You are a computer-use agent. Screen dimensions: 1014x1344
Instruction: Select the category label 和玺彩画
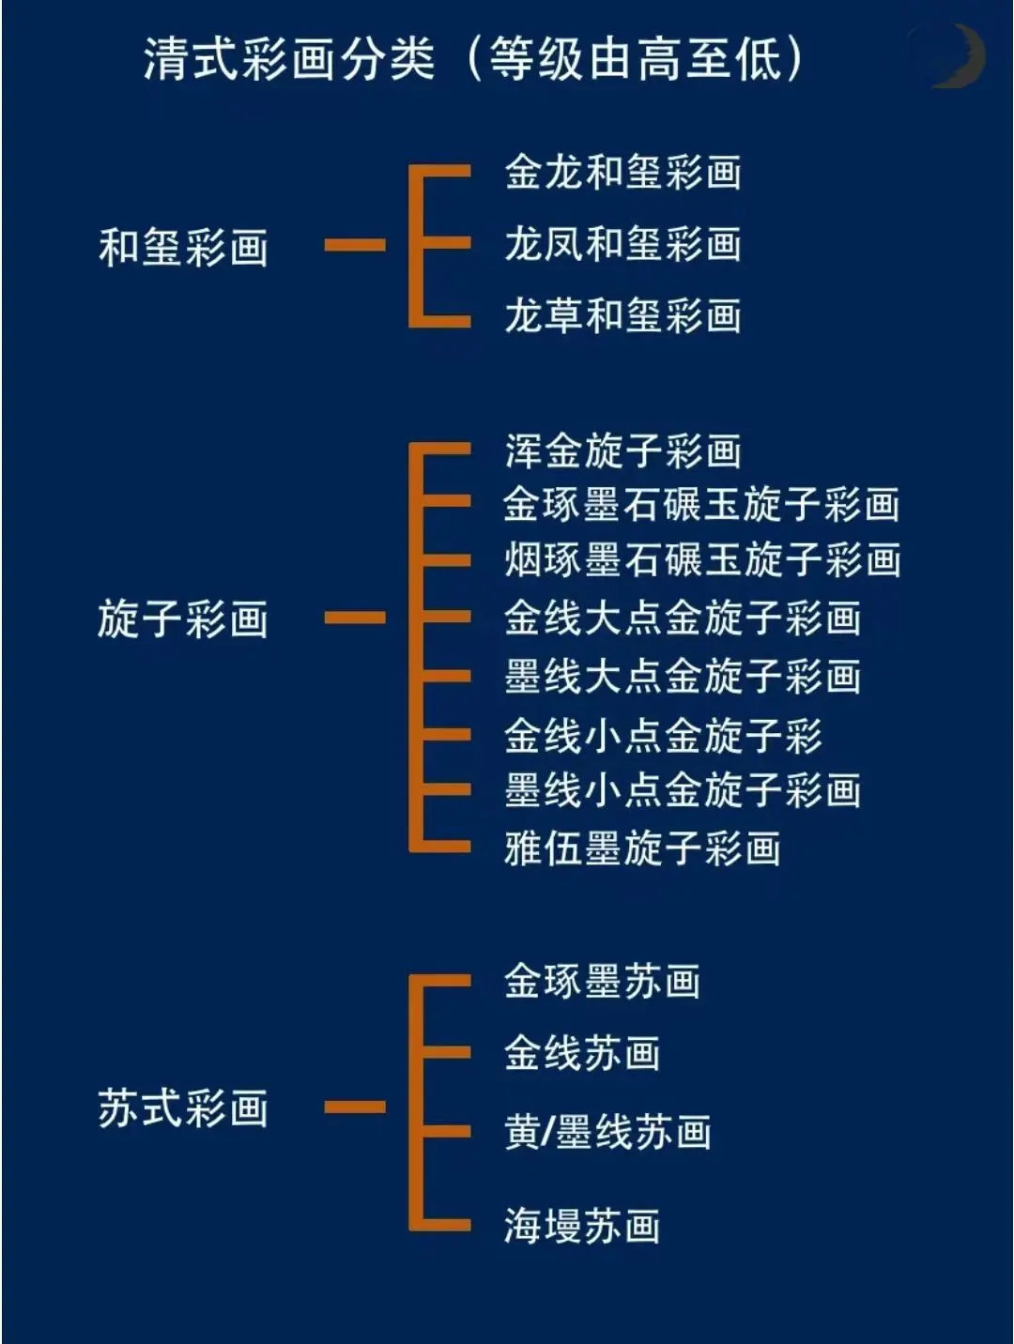(183, 248)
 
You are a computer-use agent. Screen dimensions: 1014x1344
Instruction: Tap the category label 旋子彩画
(183, 619)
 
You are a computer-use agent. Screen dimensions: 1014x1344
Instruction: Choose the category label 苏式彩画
(183, 1108)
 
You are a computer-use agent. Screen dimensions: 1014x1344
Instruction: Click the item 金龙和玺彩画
(622, 173)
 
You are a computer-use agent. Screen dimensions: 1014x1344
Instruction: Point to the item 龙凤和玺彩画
(622, 244)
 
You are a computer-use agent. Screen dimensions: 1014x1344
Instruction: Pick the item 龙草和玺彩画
(622, 315)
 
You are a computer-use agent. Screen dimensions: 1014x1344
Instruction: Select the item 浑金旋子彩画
(622, 451)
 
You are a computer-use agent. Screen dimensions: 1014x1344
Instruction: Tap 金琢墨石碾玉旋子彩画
(701, 505)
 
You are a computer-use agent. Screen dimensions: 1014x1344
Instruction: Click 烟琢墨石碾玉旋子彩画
(701, 560)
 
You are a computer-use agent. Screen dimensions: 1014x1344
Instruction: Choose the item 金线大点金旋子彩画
(682, 619)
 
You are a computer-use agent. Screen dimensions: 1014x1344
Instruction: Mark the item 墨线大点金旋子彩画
(682, 677)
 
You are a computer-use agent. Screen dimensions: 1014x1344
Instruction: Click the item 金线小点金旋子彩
(663, 735)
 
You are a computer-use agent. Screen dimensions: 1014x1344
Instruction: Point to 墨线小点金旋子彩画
(682, 790)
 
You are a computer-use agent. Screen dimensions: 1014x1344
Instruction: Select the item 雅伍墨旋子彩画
(642, 848)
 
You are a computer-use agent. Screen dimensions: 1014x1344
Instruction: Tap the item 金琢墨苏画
(602, 982)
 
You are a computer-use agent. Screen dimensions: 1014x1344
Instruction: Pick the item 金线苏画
(582, 1053)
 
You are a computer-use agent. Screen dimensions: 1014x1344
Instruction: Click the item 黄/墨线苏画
(607, 1133)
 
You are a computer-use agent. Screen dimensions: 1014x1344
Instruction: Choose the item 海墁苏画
(582, 1226)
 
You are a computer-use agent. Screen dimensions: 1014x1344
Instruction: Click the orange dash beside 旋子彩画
(355, 618)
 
